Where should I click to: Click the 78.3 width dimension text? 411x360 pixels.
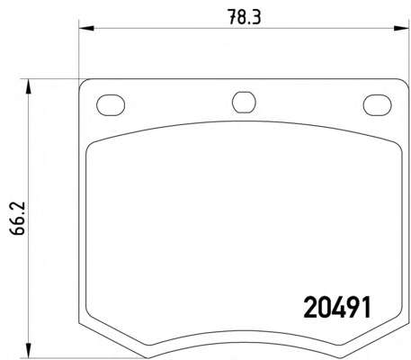tap(244, 17)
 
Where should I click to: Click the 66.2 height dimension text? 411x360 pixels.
tap(17, 218)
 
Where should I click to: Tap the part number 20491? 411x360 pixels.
tap(337, 307)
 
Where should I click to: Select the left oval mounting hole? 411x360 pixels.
tap(111, 105)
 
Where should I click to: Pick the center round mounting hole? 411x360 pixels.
tap(244, 103)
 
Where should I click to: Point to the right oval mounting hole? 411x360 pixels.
tap(377, 105)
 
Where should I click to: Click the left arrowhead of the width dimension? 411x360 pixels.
tap(86, 29)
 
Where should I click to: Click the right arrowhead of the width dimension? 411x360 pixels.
tap(401, 29)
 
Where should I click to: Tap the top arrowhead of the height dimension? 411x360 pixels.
tap(28, 86)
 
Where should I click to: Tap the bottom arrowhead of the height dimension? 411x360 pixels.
tap(28, 350)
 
